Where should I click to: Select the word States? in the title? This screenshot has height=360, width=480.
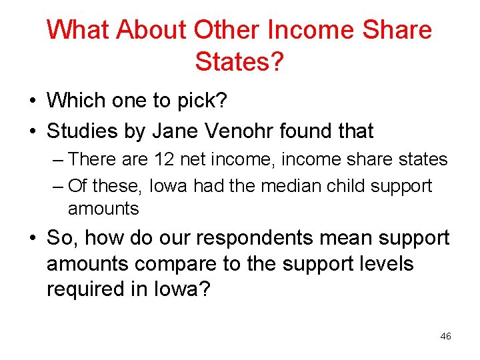pos(239,62)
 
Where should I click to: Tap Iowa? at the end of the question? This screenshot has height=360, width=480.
pos(187,289)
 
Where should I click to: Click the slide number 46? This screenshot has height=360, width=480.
pos(445,337)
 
